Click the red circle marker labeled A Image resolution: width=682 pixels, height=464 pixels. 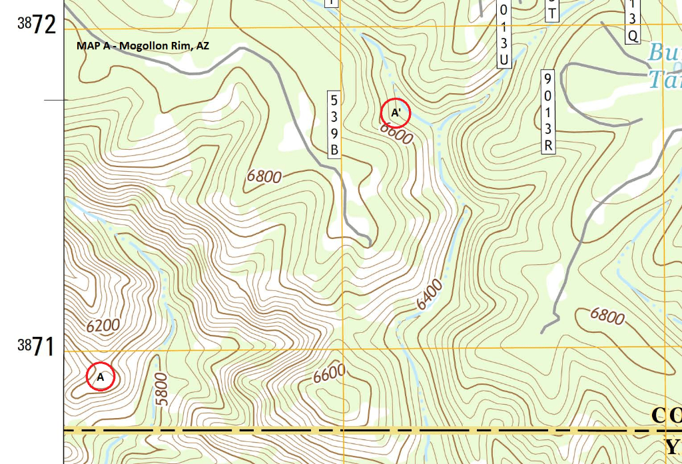click(x=101, y=377)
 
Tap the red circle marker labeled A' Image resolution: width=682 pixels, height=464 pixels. click(x=396, y=113)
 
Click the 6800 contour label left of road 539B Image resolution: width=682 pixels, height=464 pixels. click(x=264, y=176)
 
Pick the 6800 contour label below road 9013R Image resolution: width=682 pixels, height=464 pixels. click(x=607, y=316)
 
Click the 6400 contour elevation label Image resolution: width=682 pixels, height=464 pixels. click(x=430, y=295)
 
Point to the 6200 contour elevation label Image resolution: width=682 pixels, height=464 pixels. click(x=103, y=326)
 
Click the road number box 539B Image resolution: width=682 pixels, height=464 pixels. click(x=334, y=124)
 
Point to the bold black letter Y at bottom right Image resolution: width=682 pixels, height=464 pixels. click(x=673, y=446)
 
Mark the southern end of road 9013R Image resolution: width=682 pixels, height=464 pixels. click(x=543, y=331)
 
